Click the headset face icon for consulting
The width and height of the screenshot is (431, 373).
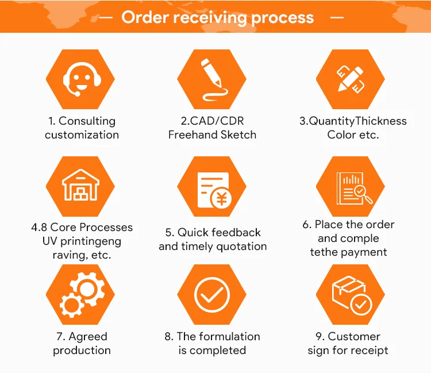pos(80,79)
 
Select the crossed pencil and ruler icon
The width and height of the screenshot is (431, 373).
pos(350,79)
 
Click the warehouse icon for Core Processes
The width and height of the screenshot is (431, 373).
pos(80,186)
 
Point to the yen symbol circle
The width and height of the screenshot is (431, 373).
pos(221,199)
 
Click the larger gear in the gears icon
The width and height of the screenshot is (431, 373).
pos(91,287)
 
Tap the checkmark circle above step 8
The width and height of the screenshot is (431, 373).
pos(211,294)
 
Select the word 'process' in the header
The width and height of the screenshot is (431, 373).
pos(282,17)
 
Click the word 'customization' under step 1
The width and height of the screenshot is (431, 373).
pos(82,135)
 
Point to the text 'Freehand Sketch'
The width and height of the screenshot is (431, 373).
pos(212,135)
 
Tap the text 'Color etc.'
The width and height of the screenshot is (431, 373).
pos(353,135)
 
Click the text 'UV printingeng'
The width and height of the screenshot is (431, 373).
pos(82,241)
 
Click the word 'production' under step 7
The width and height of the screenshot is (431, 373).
pos(82,351)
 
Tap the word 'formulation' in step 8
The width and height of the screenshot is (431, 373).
pos(229,337)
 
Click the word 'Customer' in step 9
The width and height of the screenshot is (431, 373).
pos(354,337)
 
